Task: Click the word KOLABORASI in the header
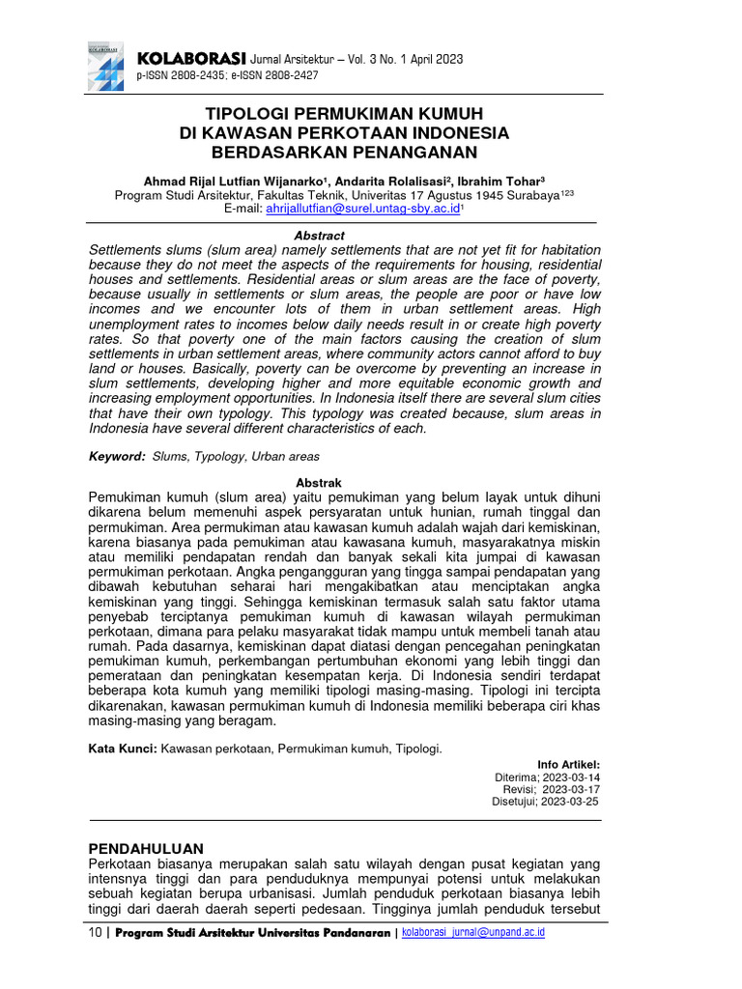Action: pyautogui.click(x=191, y=58)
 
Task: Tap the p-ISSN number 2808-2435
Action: pyautogui.click(x=198, y=74)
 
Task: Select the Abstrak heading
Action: pyautogui.click(x=318, y=483)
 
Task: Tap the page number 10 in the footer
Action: pyautogui.click(x=93, y=933)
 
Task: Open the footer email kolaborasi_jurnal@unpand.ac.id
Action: pyautogui.click(x=473, y=933)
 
